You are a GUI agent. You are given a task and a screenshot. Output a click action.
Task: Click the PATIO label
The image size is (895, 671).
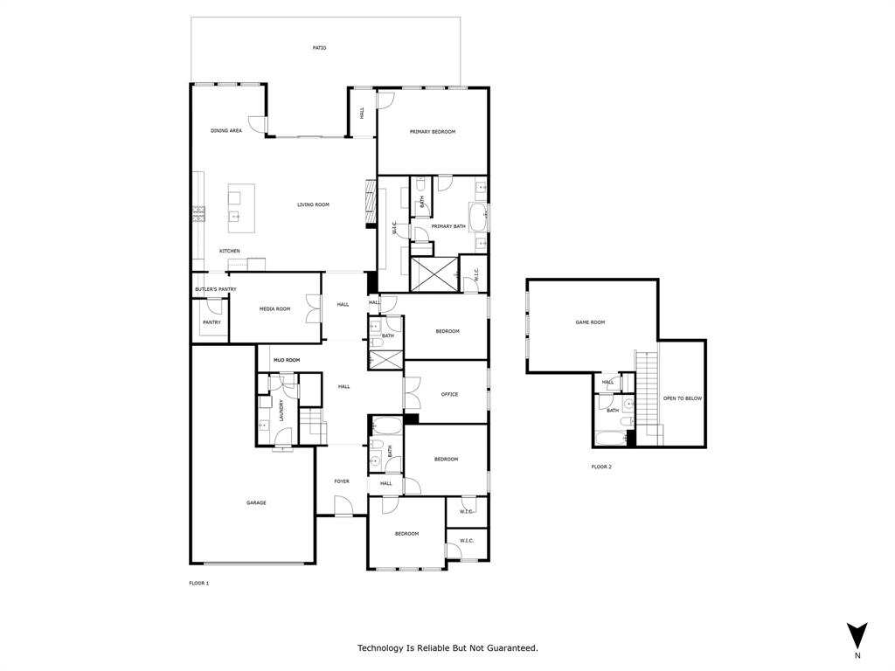pos(319,48)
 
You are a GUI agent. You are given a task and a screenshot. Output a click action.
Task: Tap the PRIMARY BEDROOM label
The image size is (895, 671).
pos(433,132)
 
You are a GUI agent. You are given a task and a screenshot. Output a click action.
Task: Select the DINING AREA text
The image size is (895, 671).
pos(226,131)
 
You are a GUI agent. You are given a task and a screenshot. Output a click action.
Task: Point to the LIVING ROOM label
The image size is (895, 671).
pos(313,205)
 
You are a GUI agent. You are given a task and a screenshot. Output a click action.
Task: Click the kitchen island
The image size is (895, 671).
pos(242,208)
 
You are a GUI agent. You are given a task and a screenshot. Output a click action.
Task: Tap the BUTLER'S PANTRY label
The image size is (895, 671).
pos(215,289)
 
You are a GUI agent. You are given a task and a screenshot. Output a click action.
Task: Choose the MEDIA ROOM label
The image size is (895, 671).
pos(274,309)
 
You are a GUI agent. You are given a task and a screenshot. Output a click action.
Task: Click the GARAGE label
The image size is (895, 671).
pos(256,503)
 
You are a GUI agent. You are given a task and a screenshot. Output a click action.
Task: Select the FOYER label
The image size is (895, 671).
pos(342,481)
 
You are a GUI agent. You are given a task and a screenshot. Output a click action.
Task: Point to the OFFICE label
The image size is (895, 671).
pos(449,394)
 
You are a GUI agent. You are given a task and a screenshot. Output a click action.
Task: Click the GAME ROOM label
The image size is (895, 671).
pos(590,322)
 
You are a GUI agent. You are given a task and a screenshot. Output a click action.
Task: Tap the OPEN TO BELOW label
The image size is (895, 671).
pos(683,398)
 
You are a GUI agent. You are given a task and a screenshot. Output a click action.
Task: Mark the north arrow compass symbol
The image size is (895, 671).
pos(857,635)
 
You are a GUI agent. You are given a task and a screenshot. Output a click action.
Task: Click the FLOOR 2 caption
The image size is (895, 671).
pos(601,467)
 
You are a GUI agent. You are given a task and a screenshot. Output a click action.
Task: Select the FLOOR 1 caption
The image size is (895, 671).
pos(199,583)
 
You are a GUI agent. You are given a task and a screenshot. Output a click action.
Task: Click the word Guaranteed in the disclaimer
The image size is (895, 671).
pos(511,648)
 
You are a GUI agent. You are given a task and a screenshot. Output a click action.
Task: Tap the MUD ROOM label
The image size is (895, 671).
pos(286,360)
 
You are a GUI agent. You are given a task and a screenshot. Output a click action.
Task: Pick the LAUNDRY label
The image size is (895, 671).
pos(281,410)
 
